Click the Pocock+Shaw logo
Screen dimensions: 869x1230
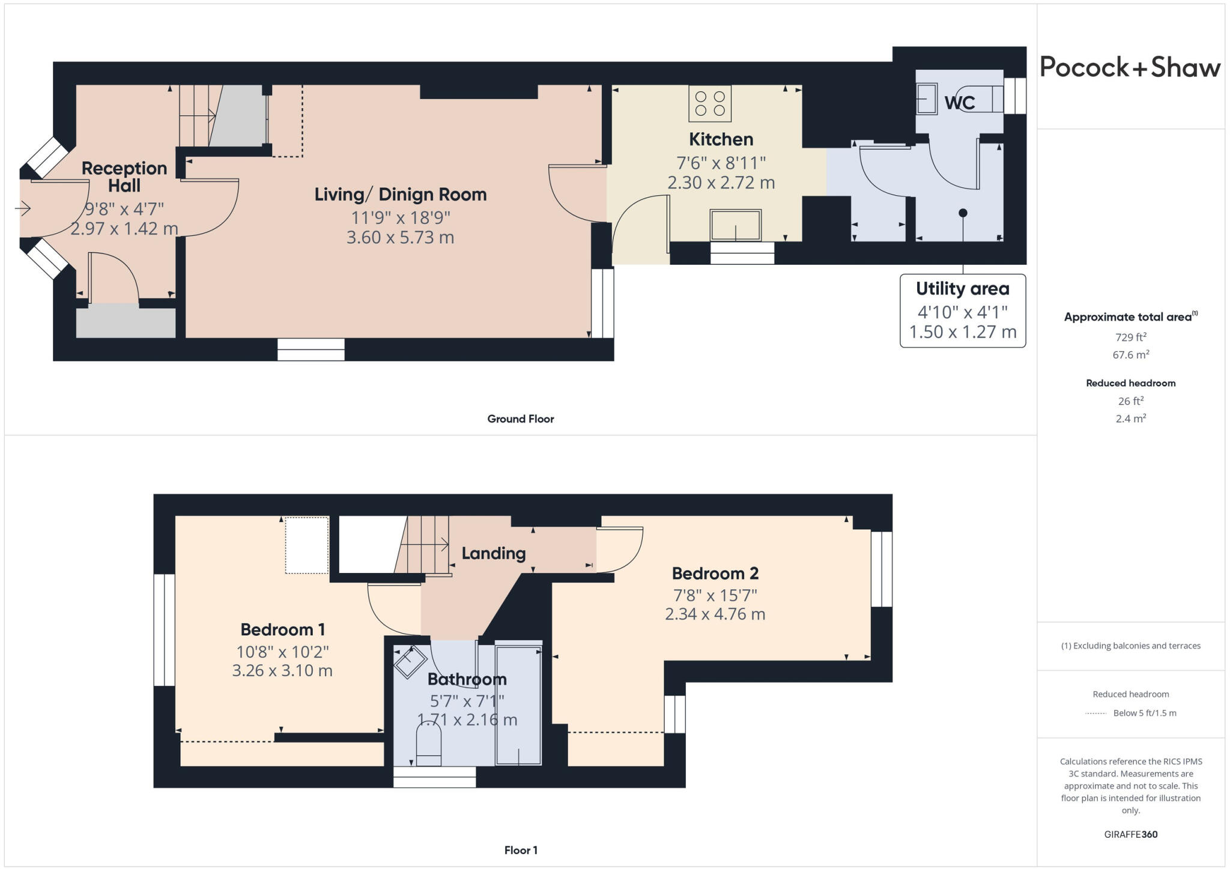pyautogui.click(x=1130, y=67)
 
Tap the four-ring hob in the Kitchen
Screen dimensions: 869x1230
pyautogui.click(x=709, y=103)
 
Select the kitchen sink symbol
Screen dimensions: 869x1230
pyautogui.click(x=735, y=225)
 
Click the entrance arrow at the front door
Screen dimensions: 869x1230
pyautogui.click(x=23, y=208)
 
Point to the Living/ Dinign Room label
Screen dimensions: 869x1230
pyautogui.click(x=400, y=195)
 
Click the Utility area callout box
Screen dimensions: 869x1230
pyautogui.click(x=962, y=310)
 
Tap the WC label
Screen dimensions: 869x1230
pyautogui.click(x=959, y=103)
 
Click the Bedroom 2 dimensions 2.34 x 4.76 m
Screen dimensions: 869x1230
pyautogui.click(x=715, y=614)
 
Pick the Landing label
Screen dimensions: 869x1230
pyautogui.click(x=493, y=553)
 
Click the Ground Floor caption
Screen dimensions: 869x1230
pyautogui.click(x=520, y=419)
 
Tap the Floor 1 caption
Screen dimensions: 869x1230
pyautogui.click(x=520, y=850)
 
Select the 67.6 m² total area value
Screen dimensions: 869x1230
pyautogui.click(x=1130, y=355)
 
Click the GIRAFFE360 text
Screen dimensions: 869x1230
pyautogui.click(x=1130, y=834)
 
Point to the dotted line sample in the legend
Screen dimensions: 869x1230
pyautogui.click(x=1095, y=713)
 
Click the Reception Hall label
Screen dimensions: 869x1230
pyautogui.click(x=124, y=177)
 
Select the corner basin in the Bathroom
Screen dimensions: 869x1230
pyautogui.click(x=410, y=662)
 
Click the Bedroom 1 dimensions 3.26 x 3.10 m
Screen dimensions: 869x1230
pyautogui.click(x=282, y=671)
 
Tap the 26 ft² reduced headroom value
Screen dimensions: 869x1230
pyautogui.click(x=1130, y=401)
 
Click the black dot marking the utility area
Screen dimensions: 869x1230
pyautogui.click(x=963, y=213)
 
